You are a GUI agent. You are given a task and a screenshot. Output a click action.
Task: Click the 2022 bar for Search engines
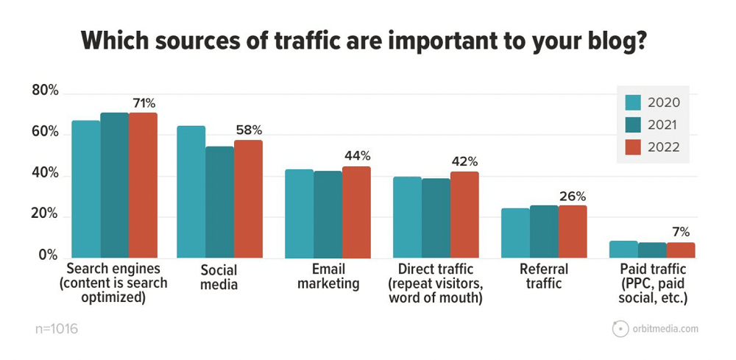coord(143,186)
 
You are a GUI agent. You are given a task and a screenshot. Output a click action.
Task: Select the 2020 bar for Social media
coord(191,192)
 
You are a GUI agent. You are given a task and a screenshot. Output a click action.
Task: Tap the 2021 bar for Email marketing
coord(328,214)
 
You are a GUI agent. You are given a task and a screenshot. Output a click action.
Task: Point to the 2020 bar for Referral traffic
coord(515,233)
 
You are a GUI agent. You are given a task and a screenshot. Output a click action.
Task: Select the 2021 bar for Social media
coord(219,202)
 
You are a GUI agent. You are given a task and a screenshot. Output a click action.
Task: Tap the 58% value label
coord(248,131)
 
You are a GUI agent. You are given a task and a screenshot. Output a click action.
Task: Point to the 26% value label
coord(572,197)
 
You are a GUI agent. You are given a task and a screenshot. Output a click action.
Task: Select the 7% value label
coord(681,233)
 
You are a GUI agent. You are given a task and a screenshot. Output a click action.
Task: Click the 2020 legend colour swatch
coord(634,102)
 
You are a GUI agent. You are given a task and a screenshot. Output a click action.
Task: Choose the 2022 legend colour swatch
coord(634,148)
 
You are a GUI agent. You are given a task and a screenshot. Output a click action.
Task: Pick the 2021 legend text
coord(665,125)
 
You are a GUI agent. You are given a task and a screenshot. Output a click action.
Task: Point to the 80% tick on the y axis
coord(44,92)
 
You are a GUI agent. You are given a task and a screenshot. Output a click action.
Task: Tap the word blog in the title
coord(605,40)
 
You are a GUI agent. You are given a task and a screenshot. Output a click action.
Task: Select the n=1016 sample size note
coord(56,328)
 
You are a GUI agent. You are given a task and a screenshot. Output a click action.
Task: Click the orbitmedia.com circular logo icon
coord(620,329)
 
